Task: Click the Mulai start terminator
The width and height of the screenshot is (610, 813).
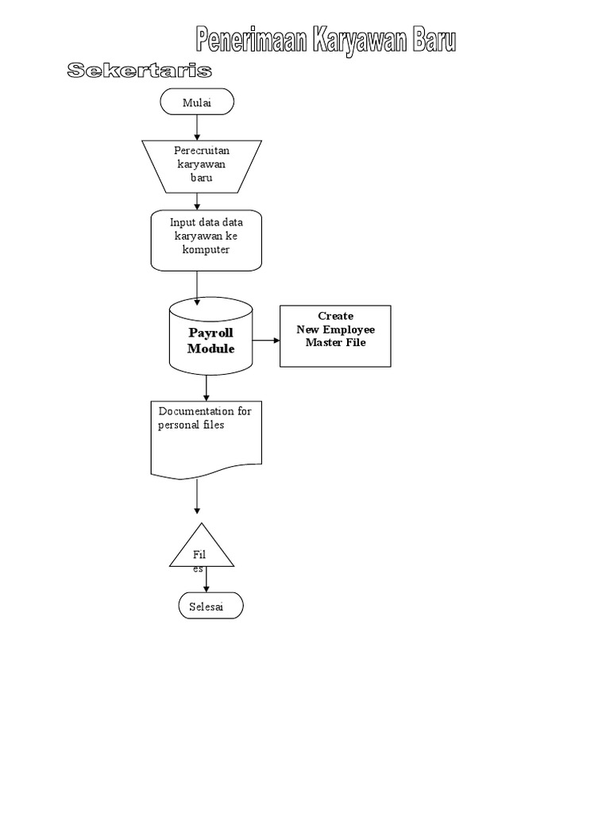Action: point(196,102)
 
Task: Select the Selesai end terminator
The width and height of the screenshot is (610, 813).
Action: point(210,607)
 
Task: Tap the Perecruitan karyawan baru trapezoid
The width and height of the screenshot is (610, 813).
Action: point(202,165)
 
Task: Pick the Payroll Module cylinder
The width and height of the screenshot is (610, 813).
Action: point(210,340)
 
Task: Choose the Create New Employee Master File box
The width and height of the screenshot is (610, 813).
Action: point(335,336)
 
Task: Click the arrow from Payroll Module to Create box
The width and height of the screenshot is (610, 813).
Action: point(266,341)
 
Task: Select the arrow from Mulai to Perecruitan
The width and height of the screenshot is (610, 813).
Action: point(196,128)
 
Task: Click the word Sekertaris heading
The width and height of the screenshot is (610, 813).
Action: point(139,71)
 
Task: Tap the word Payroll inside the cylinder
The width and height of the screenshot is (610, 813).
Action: point(210,333)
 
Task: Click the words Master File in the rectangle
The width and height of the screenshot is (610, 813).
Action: point(335,343)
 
